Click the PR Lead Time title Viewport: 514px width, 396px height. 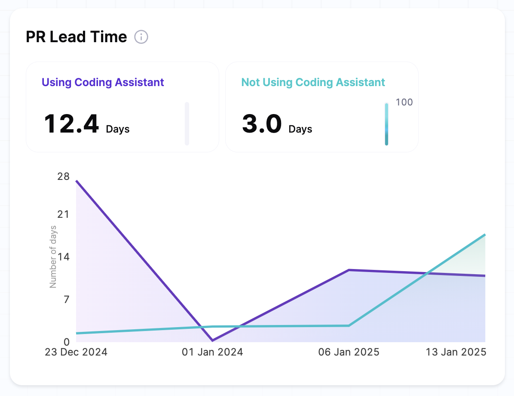76,37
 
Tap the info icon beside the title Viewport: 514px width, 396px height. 141,37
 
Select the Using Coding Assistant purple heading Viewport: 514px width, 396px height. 103,82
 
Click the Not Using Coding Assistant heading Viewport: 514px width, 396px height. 313,82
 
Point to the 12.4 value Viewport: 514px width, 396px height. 71,124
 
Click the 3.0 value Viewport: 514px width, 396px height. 262,124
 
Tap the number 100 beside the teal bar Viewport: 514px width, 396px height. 404,102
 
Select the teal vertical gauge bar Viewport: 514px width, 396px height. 386,124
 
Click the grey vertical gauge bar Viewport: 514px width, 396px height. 187,124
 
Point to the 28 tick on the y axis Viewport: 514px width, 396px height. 64,176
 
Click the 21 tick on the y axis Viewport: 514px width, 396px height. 64,214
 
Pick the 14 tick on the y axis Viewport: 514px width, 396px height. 64,257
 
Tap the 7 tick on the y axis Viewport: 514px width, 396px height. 66,299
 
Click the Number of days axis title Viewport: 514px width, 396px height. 53,257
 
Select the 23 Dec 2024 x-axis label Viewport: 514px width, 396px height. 76,352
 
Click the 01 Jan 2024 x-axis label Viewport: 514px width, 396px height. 212,352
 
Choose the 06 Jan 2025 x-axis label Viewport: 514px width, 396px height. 349,352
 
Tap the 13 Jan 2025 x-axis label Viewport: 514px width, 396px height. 456,352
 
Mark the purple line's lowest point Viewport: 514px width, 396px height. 213,340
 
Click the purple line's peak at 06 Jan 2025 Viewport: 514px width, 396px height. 349,270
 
